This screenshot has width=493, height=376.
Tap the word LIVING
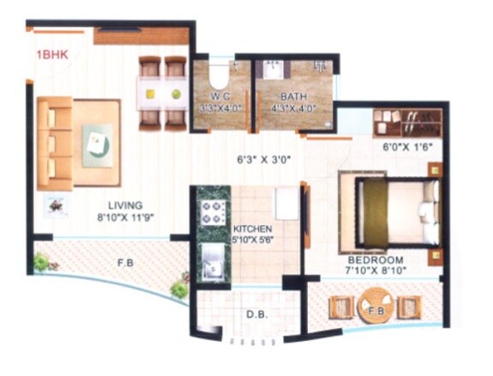click(x=124, y=206)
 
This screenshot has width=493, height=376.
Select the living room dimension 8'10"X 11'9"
click(x=124, y=217)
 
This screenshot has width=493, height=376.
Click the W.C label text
click(x=219, y=97)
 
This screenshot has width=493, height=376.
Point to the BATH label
click(x=293, y=97)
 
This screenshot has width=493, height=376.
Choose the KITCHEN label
click(x=253, y=230)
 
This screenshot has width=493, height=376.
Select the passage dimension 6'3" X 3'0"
click(x=266, y=158)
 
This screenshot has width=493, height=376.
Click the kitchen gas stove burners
click(x=211, y=212)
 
